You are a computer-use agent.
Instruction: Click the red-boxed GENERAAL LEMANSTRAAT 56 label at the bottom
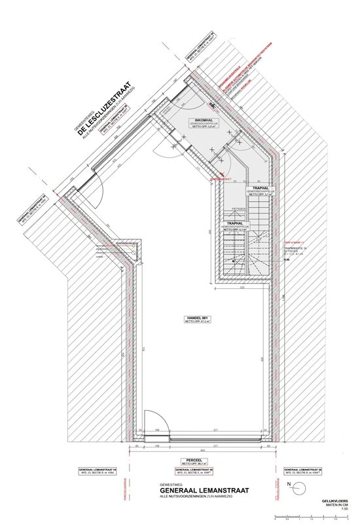(197, 470)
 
